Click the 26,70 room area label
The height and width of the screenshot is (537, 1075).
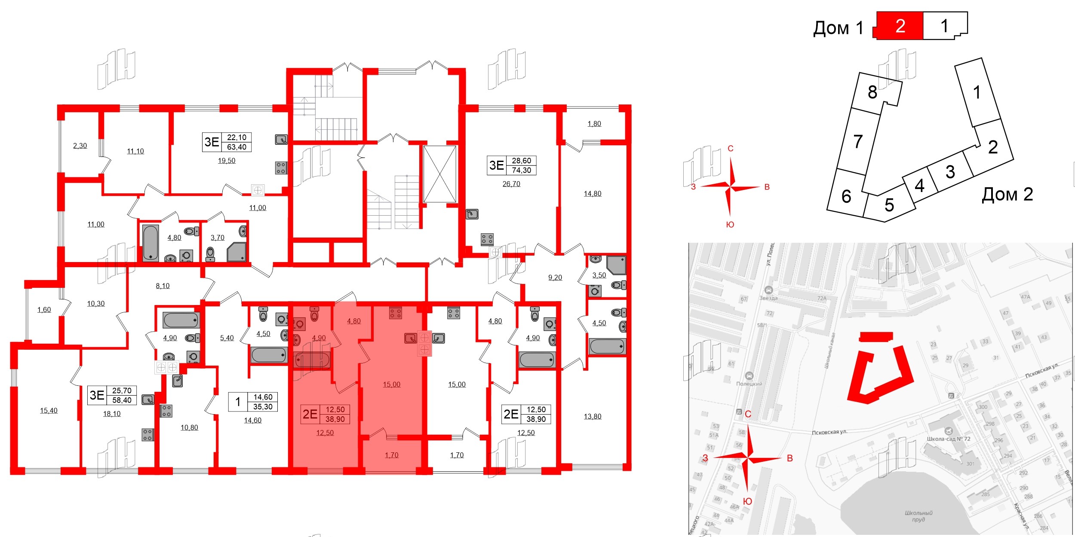pos(511,184)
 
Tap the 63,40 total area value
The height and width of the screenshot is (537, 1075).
pos(236,147)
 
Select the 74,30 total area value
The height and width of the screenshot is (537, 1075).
pos(521,170)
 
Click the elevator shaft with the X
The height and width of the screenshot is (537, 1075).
pos(439,174)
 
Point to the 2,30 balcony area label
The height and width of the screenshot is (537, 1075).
pos(80,146)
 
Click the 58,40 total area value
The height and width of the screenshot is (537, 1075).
pos(122,400)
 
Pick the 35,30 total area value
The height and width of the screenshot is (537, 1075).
pos(263,406)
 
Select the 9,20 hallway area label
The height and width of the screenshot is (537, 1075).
pos(555,278)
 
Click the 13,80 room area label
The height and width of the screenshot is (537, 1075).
pos(593,416)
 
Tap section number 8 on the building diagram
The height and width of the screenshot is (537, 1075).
pos(872,92)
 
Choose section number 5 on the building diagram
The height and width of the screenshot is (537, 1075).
pos(889,205)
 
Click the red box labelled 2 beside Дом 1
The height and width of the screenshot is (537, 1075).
pos(900,26)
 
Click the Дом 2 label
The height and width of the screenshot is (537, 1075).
pos(1007,194)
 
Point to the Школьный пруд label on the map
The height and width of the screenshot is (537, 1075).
pos(918,516)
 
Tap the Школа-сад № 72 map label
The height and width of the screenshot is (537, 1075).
pos(949,439)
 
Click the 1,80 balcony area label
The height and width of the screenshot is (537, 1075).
pos(594,124)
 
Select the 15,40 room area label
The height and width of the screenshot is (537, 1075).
pos(49,411)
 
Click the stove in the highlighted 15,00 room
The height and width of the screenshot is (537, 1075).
pos(395,313)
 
